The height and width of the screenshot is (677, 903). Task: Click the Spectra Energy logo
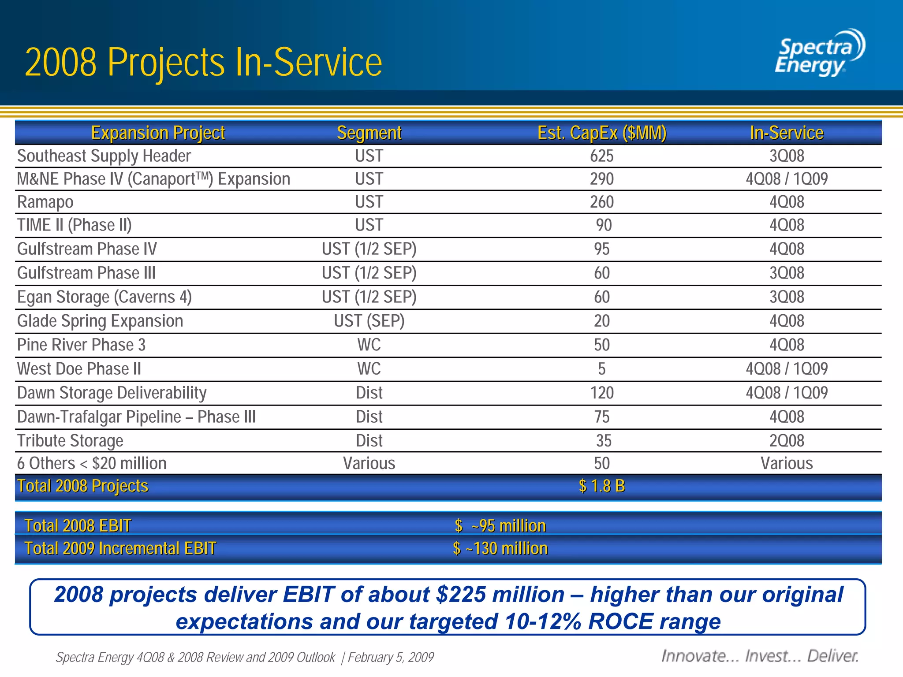(819, 53)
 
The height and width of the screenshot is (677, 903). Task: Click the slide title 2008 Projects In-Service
(203, 63)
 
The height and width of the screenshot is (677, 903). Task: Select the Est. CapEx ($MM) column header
(602, 133)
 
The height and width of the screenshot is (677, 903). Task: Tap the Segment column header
(369, 133)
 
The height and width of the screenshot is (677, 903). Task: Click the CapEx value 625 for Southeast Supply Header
(602, 156)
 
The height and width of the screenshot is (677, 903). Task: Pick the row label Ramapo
(45, 202)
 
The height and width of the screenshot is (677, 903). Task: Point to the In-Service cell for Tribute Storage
(787, 441)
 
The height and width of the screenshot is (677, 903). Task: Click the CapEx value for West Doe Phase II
(602, 369)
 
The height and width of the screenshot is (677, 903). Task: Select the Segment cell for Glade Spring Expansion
(369, 321)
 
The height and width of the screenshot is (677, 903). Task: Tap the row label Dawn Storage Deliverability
(112, 393)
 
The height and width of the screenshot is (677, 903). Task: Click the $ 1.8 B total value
(602, 486)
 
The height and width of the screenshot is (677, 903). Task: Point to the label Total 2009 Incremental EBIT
(120, 549)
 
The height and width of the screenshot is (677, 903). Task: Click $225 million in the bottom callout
(500, 595)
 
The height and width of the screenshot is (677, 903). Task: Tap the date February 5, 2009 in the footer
(391, 657)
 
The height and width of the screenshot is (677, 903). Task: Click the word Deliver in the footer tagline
(832, 656)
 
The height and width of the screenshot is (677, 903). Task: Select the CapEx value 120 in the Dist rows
(602, 393)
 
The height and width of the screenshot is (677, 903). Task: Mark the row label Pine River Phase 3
(81, 345)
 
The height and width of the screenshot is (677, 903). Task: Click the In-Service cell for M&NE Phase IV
(787, 179)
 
